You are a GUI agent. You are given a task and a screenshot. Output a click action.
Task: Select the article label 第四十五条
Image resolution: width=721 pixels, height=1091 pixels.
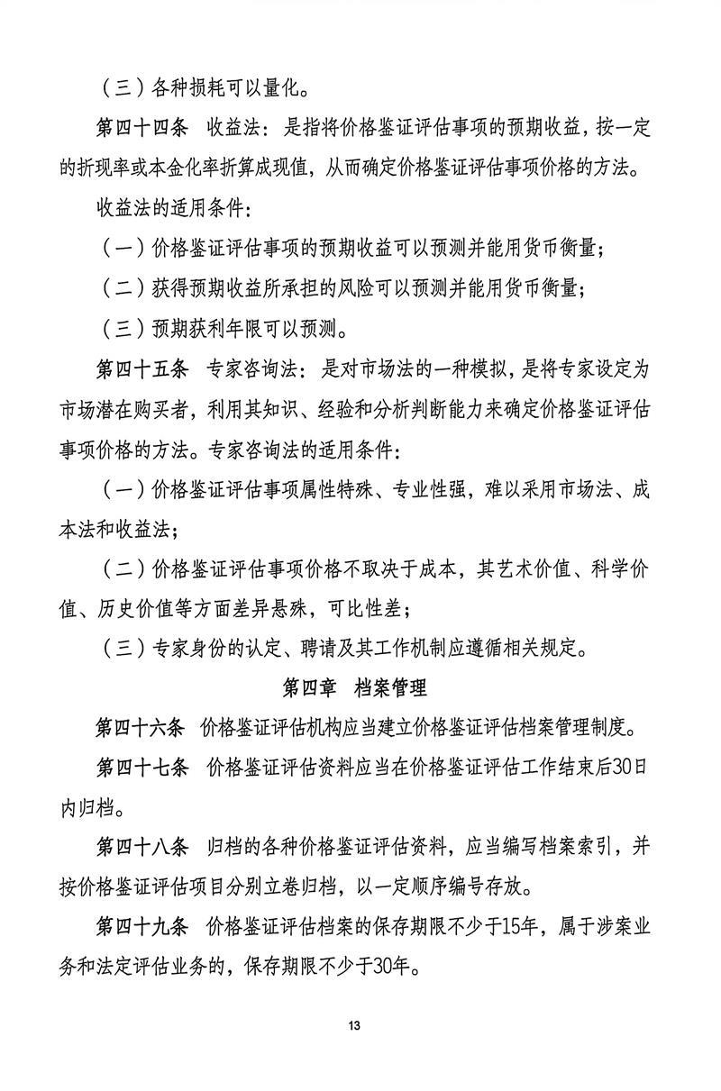pyautogui.click(x=141, y=368)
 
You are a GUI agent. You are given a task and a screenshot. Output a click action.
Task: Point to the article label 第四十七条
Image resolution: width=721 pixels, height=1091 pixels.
pyautogui.click(x=141, y=768)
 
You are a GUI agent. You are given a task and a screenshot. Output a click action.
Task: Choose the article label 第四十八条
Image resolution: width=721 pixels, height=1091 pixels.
pyautogui.click(x=141, y=847)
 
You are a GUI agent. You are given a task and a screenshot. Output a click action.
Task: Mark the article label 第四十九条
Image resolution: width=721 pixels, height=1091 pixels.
pyautogui.click(x=141, y=927)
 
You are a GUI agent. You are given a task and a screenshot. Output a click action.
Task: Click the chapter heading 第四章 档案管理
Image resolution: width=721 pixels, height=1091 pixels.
pyautogui.click(x=354, y=688)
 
